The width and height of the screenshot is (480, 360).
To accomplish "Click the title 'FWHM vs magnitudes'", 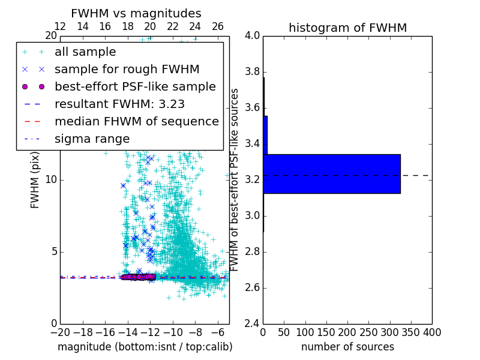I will pos(136,13).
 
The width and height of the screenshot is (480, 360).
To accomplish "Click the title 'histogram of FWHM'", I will pos(347,28).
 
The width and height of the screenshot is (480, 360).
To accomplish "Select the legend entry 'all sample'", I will pos(85,52).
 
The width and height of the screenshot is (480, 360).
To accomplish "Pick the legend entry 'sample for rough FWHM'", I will pos(127,70).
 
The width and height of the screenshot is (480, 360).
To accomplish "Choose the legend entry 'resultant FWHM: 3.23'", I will pos(119,104).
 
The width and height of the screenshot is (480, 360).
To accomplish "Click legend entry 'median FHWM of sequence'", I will pos(136,121).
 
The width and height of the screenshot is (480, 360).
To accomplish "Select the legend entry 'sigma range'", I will pos(92,139).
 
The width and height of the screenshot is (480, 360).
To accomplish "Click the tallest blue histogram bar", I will pos(332,174).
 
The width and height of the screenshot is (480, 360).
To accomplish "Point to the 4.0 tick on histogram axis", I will pos(252,36).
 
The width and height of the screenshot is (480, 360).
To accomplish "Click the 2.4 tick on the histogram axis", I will pos(252,323).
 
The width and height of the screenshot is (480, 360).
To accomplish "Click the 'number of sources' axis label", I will pos(347,347).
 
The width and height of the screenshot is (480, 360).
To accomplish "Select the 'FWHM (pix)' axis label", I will pos(35,180).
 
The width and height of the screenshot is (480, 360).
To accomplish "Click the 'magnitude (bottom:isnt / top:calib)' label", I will pos(145,347).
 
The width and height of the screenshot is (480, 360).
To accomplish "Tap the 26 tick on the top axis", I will pos(218,26).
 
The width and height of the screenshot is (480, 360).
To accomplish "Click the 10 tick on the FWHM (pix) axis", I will pos(52,180).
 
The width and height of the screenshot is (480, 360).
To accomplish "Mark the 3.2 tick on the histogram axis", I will pos(252,180).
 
